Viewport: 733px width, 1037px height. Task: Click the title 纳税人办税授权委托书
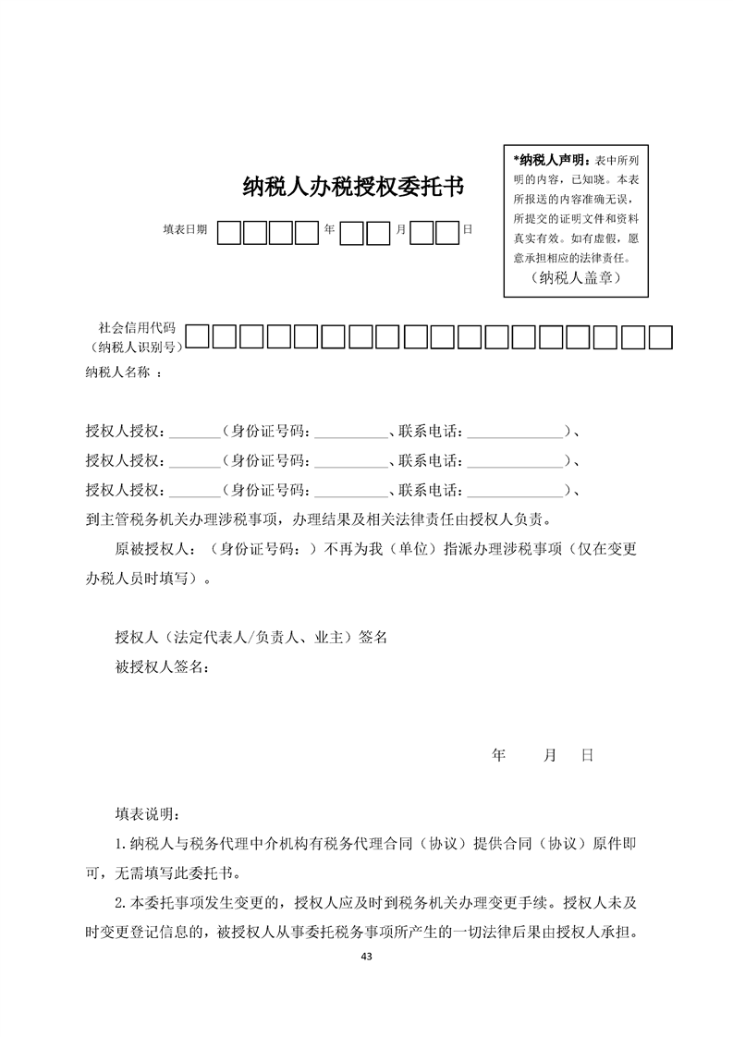tap(352, 188)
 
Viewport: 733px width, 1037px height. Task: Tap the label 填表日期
tap(185, 229)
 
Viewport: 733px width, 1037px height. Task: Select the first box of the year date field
tap(230, 232)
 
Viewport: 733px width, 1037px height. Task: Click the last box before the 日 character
tap(447, 232)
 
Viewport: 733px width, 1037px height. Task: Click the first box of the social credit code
tap(197, 337)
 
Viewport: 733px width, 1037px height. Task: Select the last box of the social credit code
tap(660, 337)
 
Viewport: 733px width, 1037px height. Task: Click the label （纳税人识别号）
tap(133, 347)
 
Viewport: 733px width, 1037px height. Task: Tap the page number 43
tap(367, 956)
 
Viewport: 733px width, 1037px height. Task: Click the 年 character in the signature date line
tap(499, 755)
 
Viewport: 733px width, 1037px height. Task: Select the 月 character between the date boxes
tap(400, 229)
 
